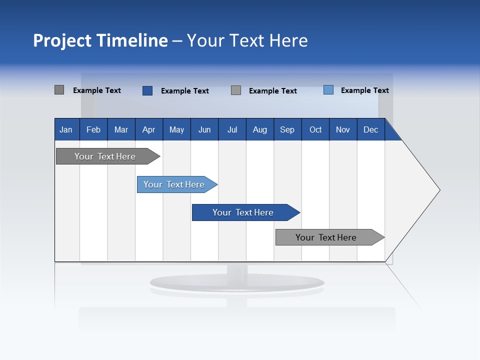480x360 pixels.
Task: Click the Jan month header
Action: (66, 129)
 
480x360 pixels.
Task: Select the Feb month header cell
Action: (93, 129)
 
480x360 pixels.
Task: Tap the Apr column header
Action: (148, 129)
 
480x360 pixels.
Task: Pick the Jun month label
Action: (204, 129)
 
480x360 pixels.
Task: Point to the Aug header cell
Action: (259, 129)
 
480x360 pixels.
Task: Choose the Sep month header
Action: (287, 129)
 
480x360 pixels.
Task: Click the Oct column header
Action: (315, 129)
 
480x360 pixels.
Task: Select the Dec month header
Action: (370, 129)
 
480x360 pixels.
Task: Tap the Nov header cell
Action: (343, 129)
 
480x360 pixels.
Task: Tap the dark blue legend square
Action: (147, 90)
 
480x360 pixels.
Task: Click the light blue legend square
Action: (328, 90)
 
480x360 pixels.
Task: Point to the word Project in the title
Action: (62, 40)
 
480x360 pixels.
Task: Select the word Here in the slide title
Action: (288, 40)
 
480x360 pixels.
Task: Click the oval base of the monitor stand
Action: (237, 283)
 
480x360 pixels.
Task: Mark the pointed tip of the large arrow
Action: (439, 190)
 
